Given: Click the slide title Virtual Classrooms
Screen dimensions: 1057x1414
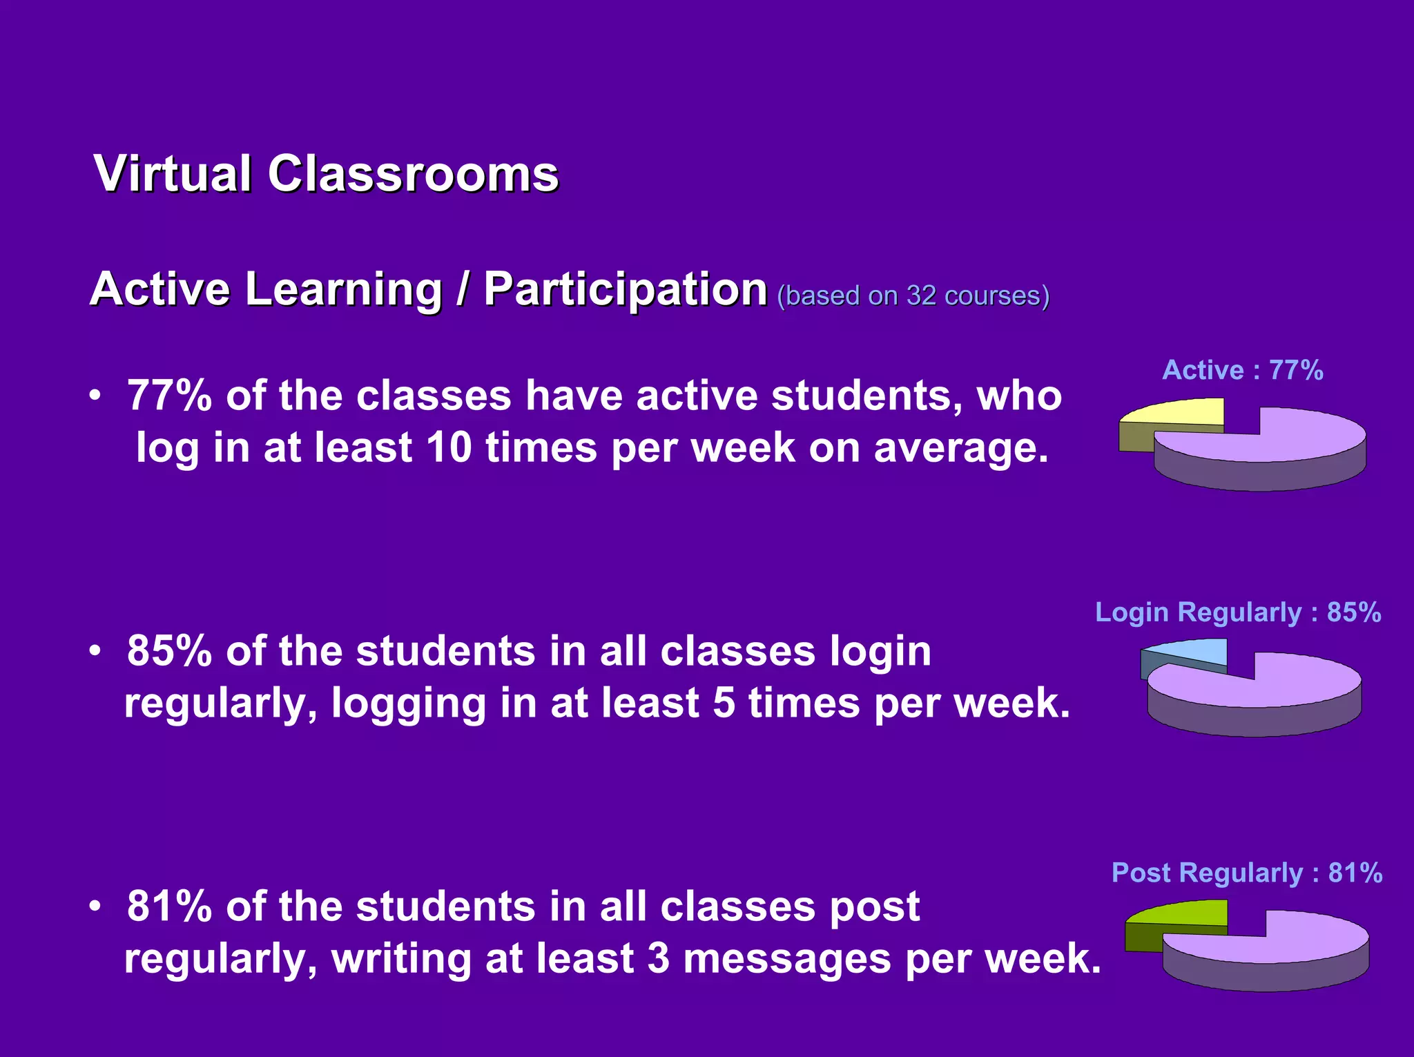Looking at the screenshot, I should point(326,173).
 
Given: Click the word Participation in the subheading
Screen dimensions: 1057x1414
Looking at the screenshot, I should point(625,289).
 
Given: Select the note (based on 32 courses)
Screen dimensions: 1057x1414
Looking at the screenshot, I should point(913,295).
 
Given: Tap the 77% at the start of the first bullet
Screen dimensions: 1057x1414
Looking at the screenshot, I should point(169,396).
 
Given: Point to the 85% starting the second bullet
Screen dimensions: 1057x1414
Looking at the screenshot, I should point(169,651).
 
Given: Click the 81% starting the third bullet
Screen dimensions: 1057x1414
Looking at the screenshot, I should point(169,906).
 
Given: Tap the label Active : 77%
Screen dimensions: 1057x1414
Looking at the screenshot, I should point(1243,370).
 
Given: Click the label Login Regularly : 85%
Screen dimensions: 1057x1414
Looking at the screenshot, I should point(1238,612).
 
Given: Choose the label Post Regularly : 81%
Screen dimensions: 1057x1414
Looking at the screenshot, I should point(1247,873).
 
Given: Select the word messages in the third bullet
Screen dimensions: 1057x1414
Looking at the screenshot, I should point(787,959).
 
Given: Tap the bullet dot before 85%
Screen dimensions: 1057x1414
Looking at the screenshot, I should point(96,651).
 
